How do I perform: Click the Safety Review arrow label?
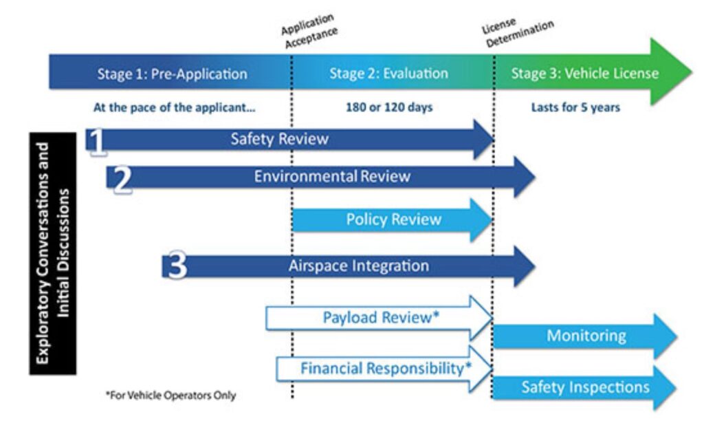click(279, 140)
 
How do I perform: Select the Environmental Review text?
click(332, 177)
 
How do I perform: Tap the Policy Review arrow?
click(393, 220)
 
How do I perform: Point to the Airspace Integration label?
click(358, 266)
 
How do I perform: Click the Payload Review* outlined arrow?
click(381, 318)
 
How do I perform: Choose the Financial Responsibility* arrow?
click(386, 369)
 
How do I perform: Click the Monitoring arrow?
click(586, 336)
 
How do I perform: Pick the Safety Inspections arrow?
click(585, 387)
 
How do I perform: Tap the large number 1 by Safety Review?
click(98, 142)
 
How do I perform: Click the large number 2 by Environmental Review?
click(122, 180)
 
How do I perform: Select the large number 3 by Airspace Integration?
click(177, 267)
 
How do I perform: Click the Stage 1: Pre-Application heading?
click(172, 74)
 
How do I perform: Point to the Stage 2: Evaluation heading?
click(388, 74)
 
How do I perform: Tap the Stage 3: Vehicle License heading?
click(584, 74)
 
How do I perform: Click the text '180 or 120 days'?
click(388, 107)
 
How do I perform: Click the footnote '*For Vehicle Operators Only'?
click(169, 395)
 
